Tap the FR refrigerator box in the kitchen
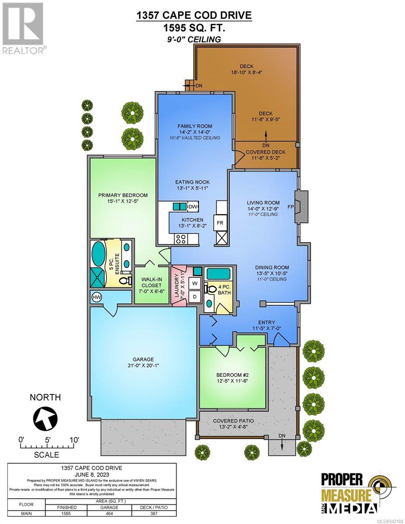[220, 223]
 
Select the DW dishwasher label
[193, 207]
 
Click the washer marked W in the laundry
[194, 283]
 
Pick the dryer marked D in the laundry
[194, 297]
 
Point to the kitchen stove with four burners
[181, 239]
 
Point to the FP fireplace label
[291, 207]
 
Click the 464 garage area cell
[109, 514]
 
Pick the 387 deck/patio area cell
[154, 514]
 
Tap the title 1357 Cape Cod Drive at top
[194, 15]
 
